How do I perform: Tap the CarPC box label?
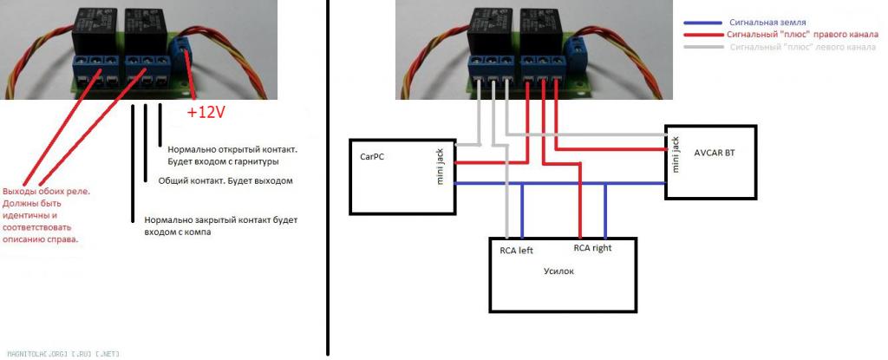point(372,158)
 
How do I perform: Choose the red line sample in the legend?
point(703,36)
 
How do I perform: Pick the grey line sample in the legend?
point(703,49)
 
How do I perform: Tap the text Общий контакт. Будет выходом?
point(225,181)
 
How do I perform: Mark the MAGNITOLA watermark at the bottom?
point(61,353)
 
